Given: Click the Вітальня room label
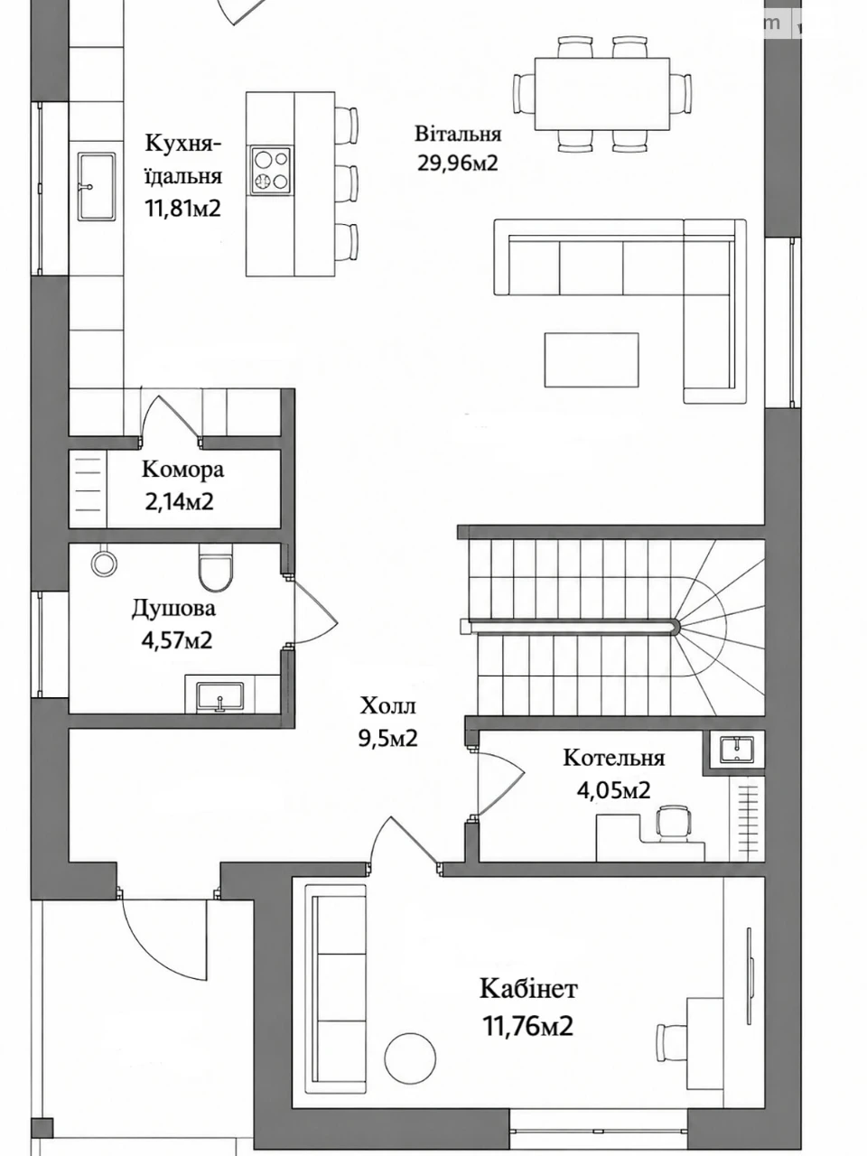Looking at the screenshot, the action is (458, 134).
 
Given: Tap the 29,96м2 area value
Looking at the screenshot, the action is (458, 163).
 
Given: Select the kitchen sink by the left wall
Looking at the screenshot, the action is (97, 186).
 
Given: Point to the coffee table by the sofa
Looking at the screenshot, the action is (592, 359).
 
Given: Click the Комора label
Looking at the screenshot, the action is (182, 470).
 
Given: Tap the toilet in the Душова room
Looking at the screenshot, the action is (215, 568).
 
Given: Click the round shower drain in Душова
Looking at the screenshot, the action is (104, 564).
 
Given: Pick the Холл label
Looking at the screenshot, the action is (388, 705).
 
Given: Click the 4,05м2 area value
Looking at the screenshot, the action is (613, 790).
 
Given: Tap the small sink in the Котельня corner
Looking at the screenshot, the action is (737, 749).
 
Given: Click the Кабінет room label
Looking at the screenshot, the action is (528, 989).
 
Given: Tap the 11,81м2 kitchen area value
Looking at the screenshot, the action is (182, 209).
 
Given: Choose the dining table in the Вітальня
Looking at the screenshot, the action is (602, 94).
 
